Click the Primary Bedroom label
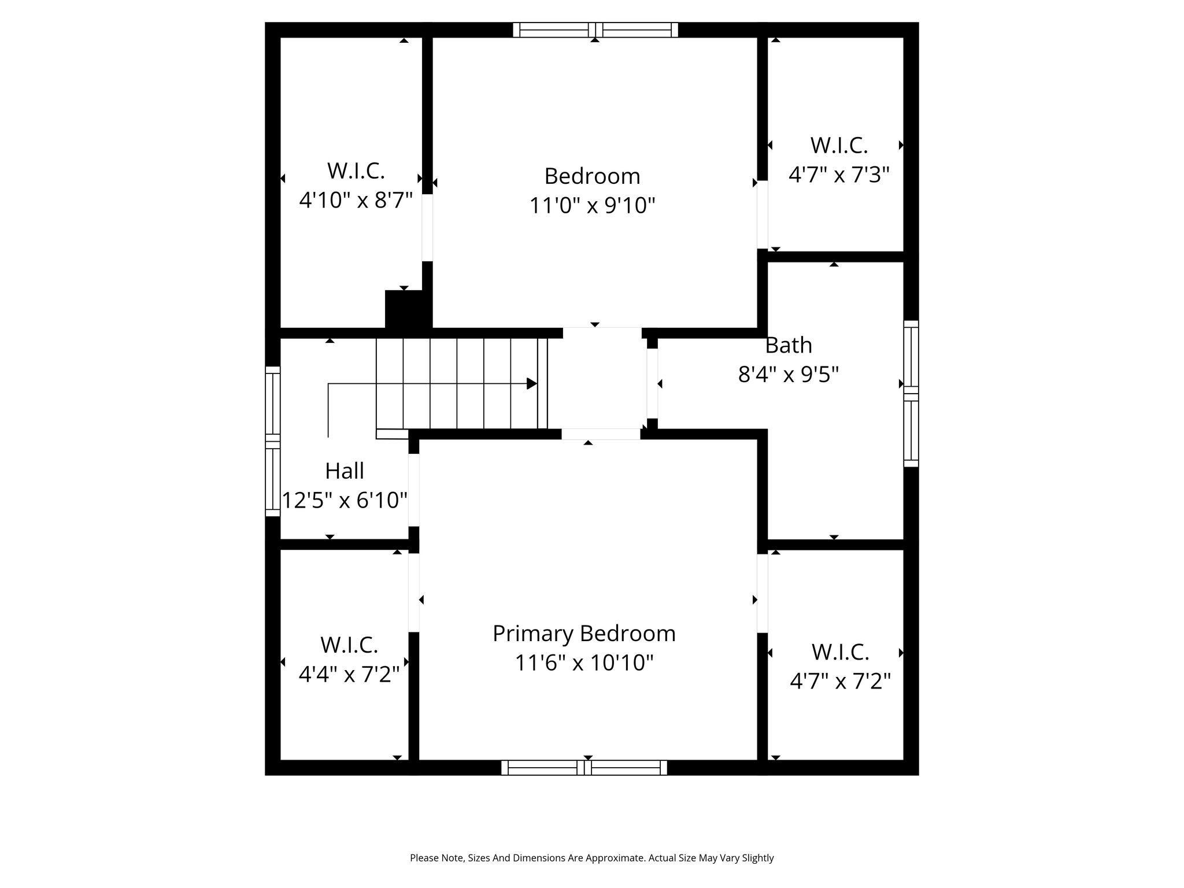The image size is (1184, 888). point(584,634)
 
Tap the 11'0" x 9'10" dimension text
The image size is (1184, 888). point(593,205)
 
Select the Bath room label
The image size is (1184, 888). point(789,345)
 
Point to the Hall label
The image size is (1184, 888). point(345,471)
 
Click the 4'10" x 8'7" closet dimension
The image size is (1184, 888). point(356,200)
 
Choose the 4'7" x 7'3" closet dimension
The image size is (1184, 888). point(839,174)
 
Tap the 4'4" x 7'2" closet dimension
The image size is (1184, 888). point(349,674)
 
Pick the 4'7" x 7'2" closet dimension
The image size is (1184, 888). point(840,681)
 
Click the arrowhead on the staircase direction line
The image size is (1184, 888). point(532,383)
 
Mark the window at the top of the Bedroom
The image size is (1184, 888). point(595,29)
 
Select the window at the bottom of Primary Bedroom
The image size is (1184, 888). point(584,768)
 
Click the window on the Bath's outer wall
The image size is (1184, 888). point(911,393)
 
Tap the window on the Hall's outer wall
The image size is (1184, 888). point(273,441)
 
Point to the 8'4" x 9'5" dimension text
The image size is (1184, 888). point(789,375)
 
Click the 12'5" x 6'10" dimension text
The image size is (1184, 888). point(345,500)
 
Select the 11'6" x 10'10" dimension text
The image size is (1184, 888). point(584,663)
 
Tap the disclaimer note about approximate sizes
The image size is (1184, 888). point(592,858)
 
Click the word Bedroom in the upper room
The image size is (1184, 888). point(593,176)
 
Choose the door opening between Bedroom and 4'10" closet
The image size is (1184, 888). point(427,228)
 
